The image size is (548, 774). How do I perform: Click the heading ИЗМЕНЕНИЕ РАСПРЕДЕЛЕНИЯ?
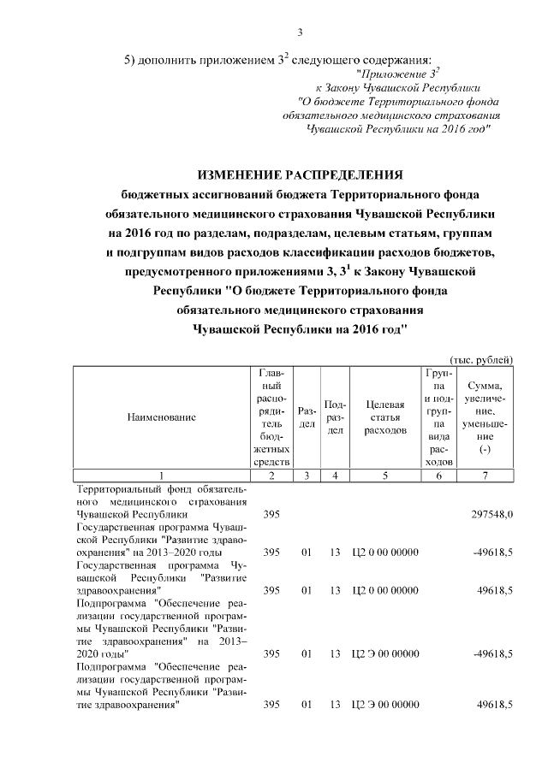[x=300, y=174]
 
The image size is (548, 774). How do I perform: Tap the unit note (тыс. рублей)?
[x=481, y=358]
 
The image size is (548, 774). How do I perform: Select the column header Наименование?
[x=162, y=417]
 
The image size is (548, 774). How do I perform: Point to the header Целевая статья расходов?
[x=384, y=417]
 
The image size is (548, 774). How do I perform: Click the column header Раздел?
[x=307, y=417]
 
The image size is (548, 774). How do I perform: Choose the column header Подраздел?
[x=336, y=417]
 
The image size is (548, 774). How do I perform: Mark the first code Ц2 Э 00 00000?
[x=385, y=653]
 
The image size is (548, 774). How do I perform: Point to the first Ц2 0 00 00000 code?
[x=385, y=552]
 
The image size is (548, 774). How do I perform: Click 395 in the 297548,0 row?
[x=271, y=516]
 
